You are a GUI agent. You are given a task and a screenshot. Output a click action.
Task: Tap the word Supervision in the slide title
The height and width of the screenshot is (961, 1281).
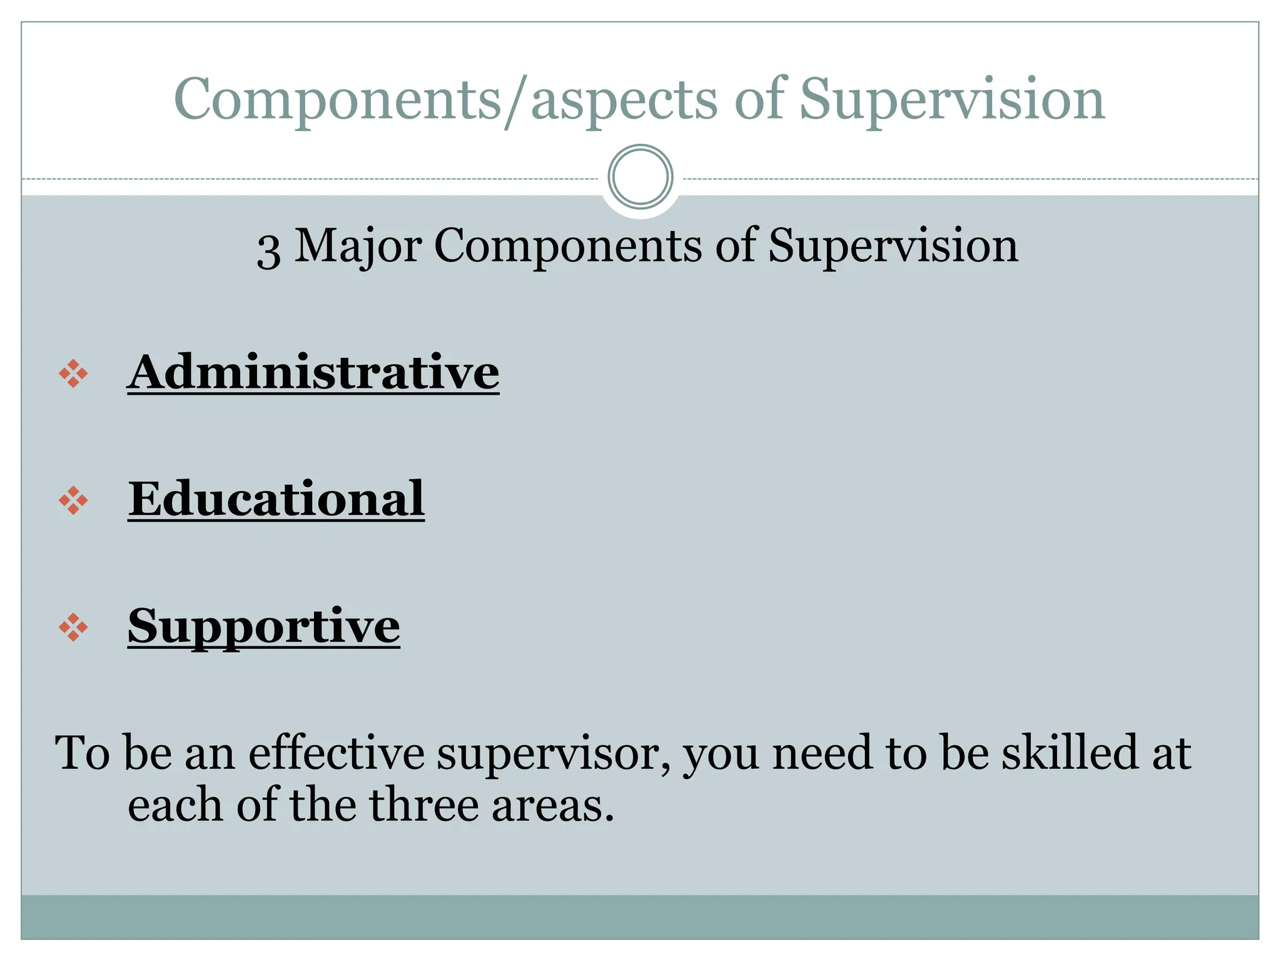(952, 100)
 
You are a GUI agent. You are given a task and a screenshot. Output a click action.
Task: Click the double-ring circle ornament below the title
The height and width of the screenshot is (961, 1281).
(640, 177)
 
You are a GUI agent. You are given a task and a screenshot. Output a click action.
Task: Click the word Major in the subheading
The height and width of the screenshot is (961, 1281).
(358, 246)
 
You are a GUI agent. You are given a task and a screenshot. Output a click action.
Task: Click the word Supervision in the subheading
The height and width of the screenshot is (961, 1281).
(893, 246)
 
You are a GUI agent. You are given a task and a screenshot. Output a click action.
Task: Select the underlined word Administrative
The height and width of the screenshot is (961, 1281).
(313, 373)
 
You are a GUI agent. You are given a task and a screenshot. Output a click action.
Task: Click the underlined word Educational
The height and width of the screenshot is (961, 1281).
(276, 499)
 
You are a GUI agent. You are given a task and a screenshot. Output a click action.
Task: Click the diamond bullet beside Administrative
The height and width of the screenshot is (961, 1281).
(73, 374)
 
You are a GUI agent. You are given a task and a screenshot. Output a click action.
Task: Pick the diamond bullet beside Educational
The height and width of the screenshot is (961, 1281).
(73, 501)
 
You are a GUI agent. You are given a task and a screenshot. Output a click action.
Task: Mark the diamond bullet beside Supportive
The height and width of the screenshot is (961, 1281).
(73, 627)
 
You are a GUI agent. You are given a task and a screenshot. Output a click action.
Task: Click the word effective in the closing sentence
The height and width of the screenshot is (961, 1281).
(337, 752)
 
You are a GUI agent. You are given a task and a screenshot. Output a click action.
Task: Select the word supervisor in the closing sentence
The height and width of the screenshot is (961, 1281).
(553, 753)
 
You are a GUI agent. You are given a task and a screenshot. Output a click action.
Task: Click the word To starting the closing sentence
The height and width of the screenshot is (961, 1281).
(83, 752)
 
